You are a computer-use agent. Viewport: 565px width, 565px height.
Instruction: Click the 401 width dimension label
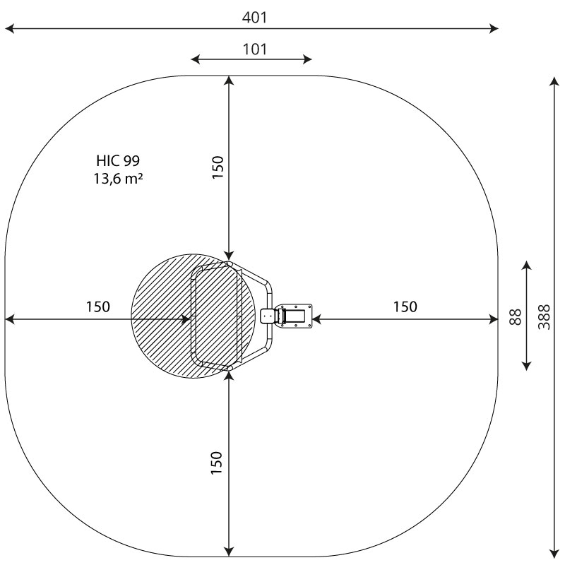254,17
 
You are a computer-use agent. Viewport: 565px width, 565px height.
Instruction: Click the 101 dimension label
255,49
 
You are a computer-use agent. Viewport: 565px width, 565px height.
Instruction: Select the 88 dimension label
516,317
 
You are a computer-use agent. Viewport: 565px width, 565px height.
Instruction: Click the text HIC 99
118,161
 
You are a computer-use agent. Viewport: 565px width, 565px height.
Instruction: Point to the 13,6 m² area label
118,179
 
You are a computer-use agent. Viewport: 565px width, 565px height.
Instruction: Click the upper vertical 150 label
218,167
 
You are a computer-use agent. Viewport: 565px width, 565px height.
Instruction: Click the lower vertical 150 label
217,463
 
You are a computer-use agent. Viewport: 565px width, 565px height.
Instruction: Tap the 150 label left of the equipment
98,307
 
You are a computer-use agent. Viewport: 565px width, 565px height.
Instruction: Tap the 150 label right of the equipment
405,307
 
